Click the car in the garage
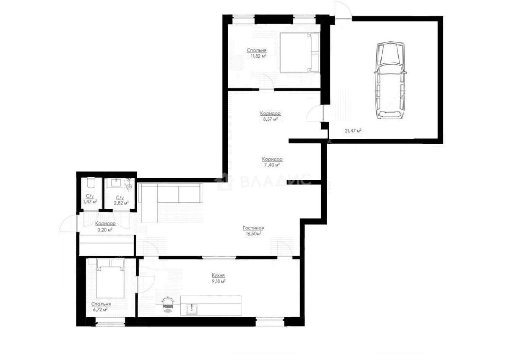tap(390, 80)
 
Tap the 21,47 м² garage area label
tap(353, 131)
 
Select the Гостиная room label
tap(253, 228)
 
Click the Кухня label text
tap(218, 275)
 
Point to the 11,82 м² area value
tap(258, 56)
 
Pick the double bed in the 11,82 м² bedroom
tap(300, 53)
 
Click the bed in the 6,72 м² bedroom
tap(110, 278)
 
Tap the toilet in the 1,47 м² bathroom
tap(91, 183)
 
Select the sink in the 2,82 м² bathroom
tap(115, 183)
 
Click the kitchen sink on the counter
tap(192, 310)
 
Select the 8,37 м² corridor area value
tap(270, 119)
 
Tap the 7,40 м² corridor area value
tap(272, 165)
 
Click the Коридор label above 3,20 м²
tap(105, 224)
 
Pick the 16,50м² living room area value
tap(254, 234)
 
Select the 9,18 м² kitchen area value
tap(219, 281)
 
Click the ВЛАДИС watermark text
tap(275, 181)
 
